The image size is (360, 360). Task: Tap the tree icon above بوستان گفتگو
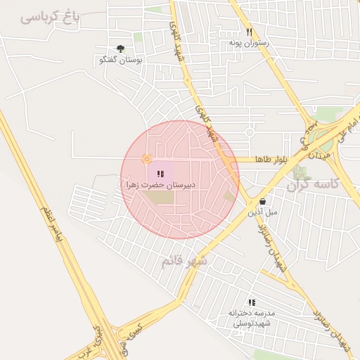pos(121,49)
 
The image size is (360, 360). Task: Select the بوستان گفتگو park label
pos(122,60)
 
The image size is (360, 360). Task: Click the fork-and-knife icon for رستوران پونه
pos(249,32)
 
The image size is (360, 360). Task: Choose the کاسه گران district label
pos(314,184)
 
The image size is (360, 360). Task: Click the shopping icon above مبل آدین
pos(262,201)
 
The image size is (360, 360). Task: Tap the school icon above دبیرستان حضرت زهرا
pos(160,174)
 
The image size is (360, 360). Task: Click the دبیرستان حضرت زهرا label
pos(160,184)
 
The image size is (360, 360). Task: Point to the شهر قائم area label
pos(185,262)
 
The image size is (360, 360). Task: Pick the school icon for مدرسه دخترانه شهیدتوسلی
pos(252,302)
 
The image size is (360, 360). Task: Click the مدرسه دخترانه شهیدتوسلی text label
pos(252,318)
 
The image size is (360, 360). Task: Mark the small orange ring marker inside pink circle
pos(146,159)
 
